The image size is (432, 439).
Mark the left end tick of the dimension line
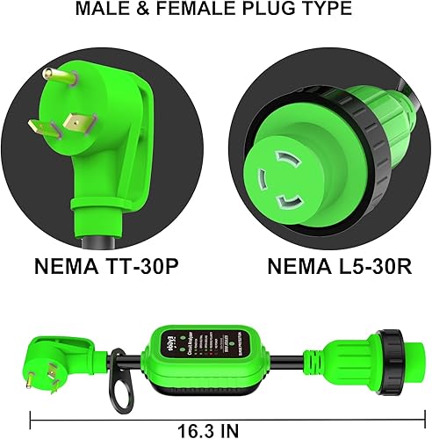32,419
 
